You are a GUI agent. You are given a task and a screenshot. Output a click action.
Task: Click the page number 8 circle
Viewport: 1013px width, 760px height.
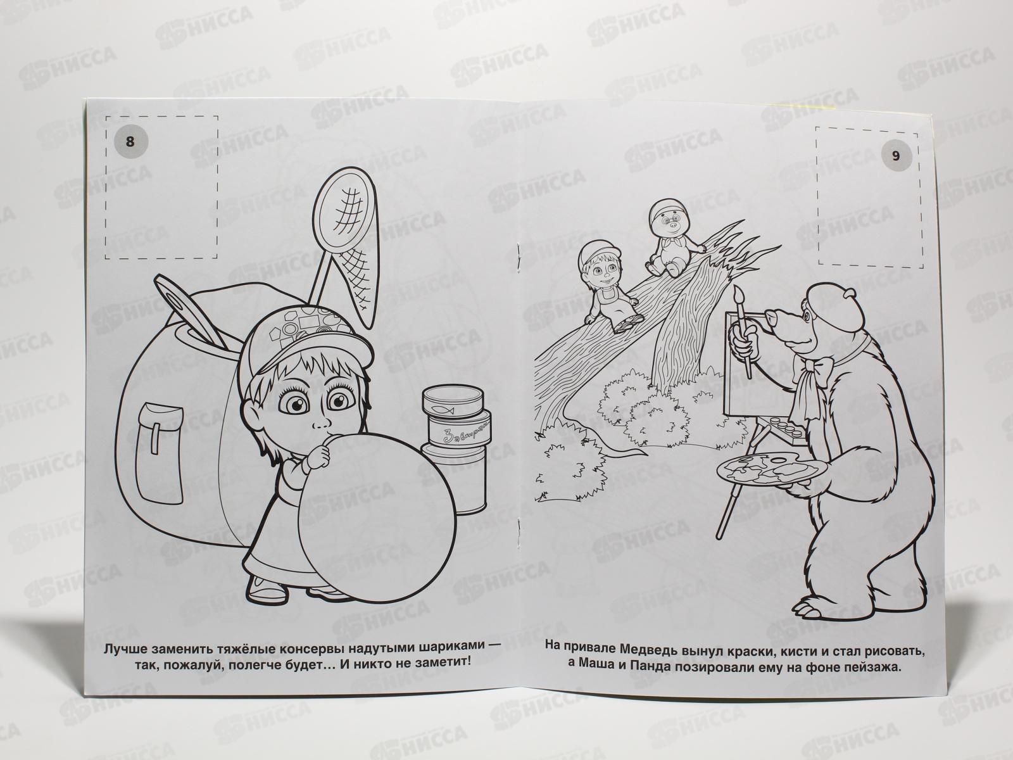point(130,141)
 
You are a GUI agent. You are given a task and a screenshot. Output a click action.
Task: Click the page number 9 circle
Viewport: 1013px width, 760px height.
point(895,156)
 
